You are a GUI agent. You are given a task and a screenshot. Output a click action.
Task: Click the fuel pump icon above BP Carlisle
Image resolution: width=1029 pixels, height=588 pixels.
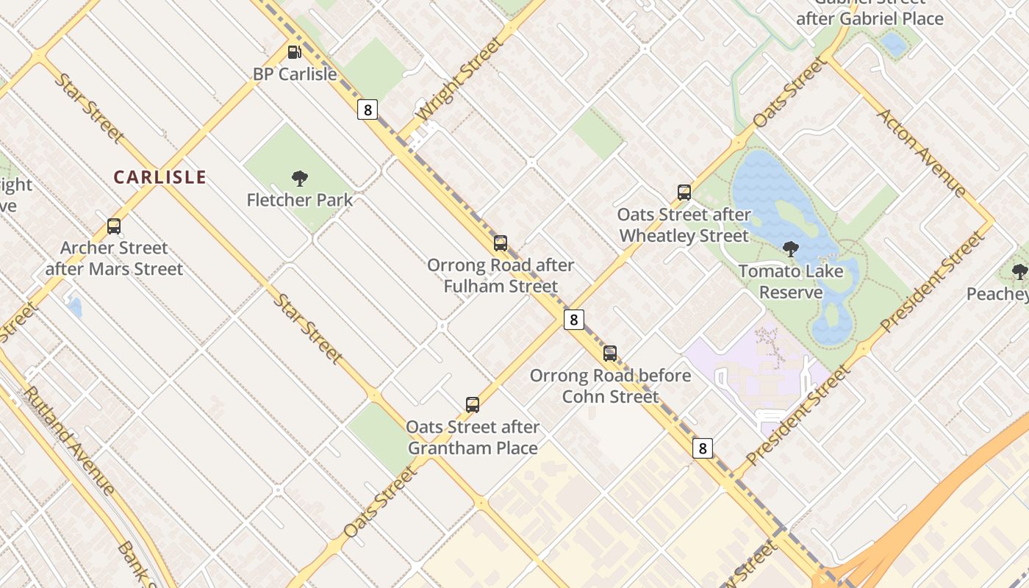pos(294,52)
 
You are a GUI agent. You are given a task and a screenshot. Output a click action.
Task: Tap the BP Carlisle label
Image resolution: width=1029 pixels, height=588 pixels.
pos(295,74)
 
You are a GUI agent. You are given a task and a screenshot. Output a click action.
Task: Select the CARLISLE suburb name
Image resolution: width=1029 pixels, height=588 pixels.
pos(159,177)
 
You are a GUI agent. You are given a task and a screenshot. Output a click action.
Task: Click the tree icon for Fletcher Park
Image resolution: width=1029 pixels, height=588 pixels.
pos(299,178)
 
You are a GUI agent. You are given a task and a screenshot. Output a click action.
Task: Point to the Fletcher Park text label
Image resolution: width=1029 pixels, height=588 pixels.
pos(299,200)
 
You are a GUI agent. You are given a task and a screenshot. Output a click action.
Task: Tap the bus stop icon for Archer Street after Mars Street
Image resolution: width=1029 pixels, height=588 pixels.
pos(114,226)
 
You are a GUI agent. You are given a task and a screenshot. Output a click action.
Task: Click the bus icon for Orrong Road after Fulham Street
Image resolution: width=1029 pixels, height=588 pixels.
pos(501,243)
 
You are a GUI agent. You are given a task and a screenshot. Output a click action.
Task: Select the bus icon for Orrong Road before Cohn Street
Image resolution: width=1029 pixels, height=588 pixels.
pos(610,354)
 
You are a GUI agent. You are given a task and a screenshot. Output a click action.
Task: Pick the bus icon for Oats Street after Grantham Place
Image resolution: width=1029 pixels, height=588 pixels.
pos(473,405)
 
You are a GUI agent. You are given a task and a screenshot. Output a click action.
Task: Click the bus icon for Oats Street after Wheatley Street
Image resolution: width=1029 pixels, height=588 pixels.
pos(684,193)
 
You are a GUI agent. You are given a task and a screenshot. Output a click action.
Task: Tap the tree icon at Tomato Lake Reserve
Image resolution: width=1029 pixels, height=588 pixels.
pos(791,249)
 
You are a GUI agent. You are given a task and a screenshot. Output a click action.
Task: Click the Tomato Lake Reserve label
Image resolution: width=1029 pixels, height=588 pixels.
pos(790,282)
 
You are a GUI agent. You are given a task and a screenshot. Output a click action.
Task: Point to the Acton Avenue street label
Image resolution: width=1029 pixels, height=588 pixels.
pos(922,153)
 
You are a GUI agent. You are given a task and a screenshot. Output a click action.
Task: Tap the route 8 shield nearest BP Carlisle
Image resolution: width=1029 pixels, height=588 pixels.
pos(367,110)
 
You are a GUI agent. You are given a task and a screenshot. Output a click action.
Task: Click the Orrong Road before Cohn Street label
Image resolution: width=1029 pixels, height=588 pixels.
pos(610,386)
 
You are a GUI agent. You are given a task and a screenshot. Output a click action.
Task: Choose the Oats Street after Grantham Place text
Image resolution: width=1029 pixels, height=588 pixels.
pos(473,437)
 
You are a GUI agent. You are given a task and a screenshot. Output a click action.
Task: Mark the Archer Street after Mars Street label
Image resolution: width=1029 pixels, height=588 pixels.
pos(114,258)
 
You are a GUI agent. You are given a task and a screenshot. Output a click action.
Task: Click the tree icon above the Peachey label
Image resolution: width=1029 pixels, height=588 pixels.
pos(1019,272)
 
